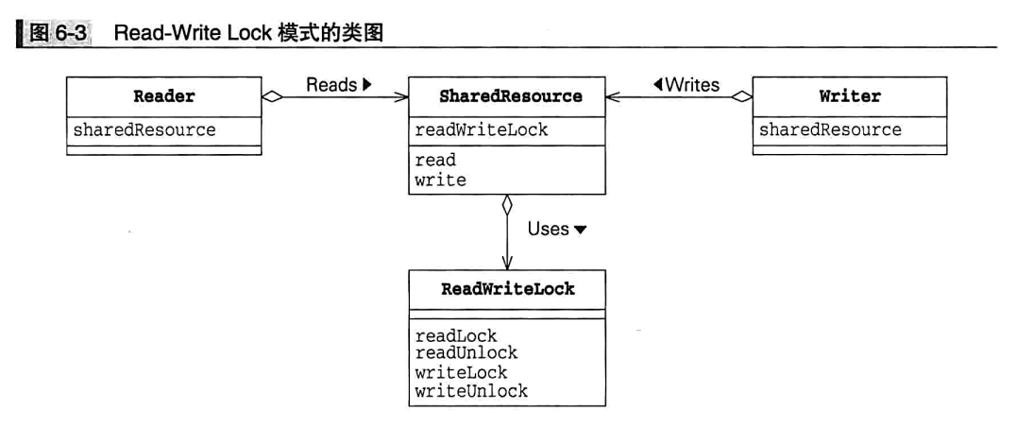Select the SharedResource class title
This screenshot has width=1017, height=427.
[x=511, y=96]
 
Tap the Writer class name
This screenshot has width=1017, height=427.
[x=850, y=96]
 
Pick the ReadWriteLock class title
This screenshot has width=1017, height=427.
[x=507, y=289]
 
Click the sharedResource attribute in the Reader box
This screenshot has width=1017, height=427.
[x=144, y=129]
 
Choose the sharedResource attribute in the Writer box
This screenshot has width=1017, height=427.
[x=830, y=129]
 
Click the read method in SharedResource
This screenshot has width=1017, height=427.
[x=435, y=162]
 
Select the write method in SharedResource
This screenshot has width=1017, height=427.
[x=441, y=179]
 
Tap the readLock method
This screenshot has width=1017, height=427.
[x=456, y=334]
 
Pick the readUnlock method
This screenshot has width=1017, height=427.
[x=466, y=352]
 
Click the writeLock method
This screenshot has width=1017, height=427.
[x=462, y=372]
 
